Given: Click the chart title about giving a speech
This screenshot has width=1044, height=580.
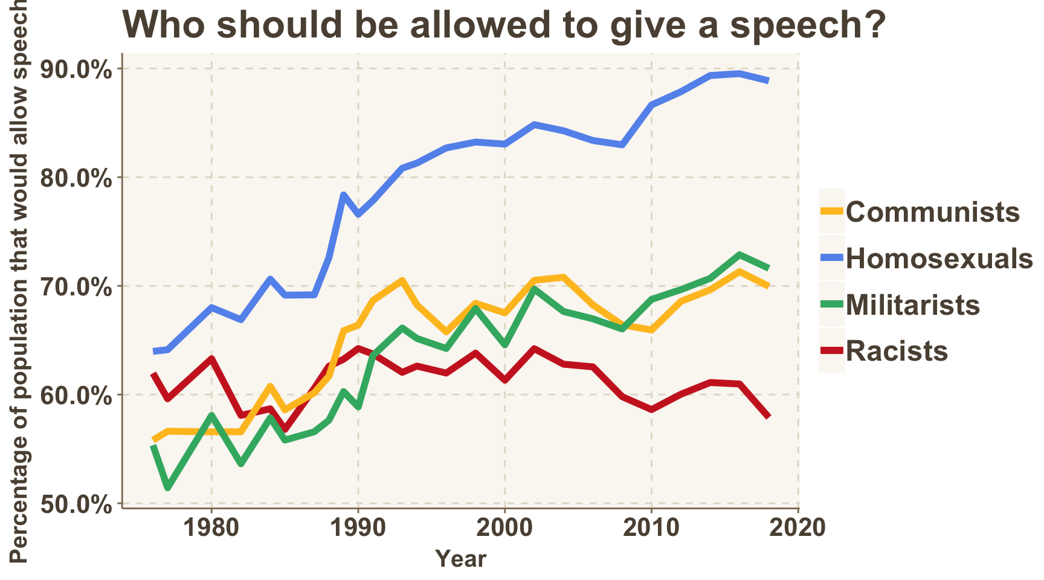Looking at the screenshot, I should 504,25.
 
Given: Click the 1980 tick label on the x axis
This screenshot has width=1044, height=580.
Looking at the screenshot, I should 211,527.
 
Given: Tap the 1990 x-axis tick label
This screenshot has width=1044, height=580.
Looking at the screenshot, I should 358,527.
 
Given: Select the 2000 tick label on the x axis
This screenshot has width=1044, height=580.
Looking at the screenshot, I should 505,527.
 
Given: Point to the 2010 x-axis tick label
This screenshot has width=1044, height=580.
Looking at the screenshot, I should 652,527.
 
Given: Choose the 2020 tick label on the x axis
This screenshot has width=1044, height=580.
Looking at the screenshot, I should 799,527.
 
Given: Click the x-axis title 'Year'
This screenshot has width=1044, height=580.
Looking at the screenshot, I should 460,559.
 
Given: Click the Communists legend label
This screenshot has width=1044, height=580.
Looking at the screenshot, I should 933,212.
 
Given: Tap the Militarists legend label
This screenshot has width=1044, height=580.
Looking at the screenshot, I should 913,304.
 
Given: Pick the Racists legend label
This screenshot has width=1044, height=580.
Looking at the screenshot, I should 897,351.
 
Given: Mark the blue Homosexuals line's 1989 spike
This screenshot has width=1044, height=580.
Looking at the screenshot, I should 343,195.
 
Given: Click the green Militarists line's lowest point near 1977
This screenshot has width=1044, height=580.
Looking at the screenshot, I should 167,488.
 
